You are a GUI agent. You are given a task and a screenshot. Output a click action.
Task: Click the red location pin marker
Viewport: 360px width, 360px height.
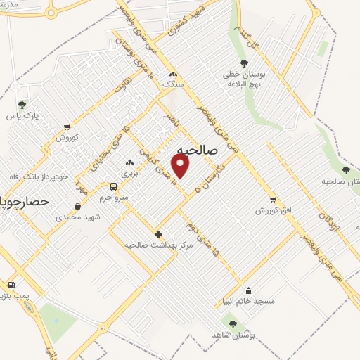tap(181, 166)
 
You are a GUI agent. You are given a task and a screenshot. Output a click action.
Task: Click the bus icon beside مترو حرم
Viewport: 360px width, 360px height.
tap(113, 186)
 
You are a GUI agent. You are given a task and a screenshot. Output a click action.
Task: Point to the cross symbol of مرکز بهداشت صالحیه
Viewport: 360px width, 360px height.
tap(158, 234)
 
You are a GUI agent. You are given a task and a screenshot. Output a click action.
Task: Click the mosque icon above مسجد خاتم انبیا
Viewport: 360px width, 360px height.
tap(247, 290)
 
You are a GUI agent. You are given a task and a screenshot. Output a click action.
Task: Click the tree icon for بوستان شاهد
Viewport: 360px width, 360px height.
tap(233, 324)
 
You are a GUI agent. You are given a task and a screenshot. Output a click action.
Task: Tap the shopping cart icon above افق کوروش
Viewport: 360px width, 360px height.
tap(273, 200)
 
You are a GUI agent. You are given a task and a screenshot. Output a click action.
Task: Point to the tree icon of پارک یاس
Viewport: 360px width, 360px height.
tap(22, 105)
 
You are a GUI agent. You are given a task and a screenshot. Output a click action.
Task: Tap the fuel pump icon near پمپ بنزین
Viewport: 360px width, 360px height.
tap(11, 285)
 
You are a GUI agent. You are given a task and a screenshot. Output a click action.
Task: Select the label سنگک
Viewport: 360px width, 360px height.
tap(173, 83)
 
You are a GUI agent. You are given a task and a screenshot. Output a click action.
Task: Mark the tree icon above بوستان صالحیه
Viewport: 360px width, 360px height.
tap(345, 170)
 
